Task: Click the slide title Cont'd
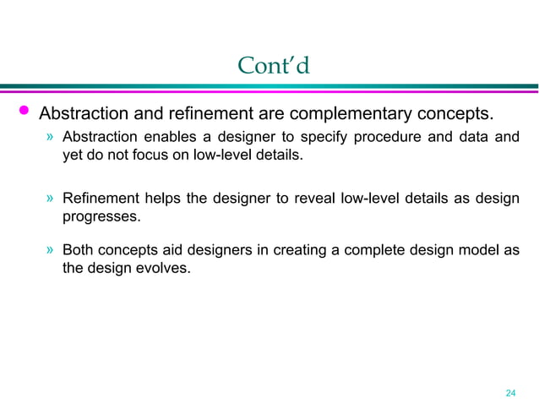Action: pos(274,65)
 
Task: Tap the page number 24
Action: pos(509,393)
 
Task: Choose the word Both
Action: pos(78,251)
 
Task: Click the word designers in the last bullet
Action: pos(211,251)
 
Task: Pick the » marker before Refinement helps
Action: pos(51,199)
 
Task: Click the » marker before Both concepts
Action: pos(51,251)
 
